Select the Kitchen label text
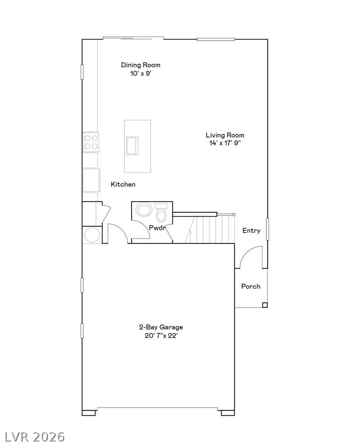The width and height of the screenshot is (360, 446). [x=123, y=184]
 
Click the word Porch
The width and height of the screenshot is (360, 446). [x=251, y=286]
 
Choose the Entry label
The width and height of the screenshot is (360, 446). [x=251, y=230]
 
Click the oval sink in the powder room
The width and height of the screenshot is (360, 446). [x=144, y=209]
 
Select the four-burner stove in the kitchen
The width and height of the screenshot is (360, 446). [x=91, y=142]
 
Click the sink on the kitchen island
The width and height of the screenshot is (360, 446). [x=132, y=146]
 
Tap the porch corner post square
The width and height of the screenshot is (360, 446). [x=265, y=305]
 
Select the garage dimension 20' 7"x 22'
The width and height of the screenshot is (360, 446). [x=161, y=336]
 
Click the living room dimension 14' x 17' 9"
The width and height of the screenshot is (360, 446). [x=225, y=143]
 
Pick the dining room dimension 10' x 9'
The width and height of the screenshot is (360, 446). [x=141, y=73]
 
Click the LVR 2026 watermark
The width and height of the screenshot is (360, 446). [x=33, y=437]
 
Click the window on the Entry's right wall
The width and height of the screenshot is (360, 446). [x=267, y=229]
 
